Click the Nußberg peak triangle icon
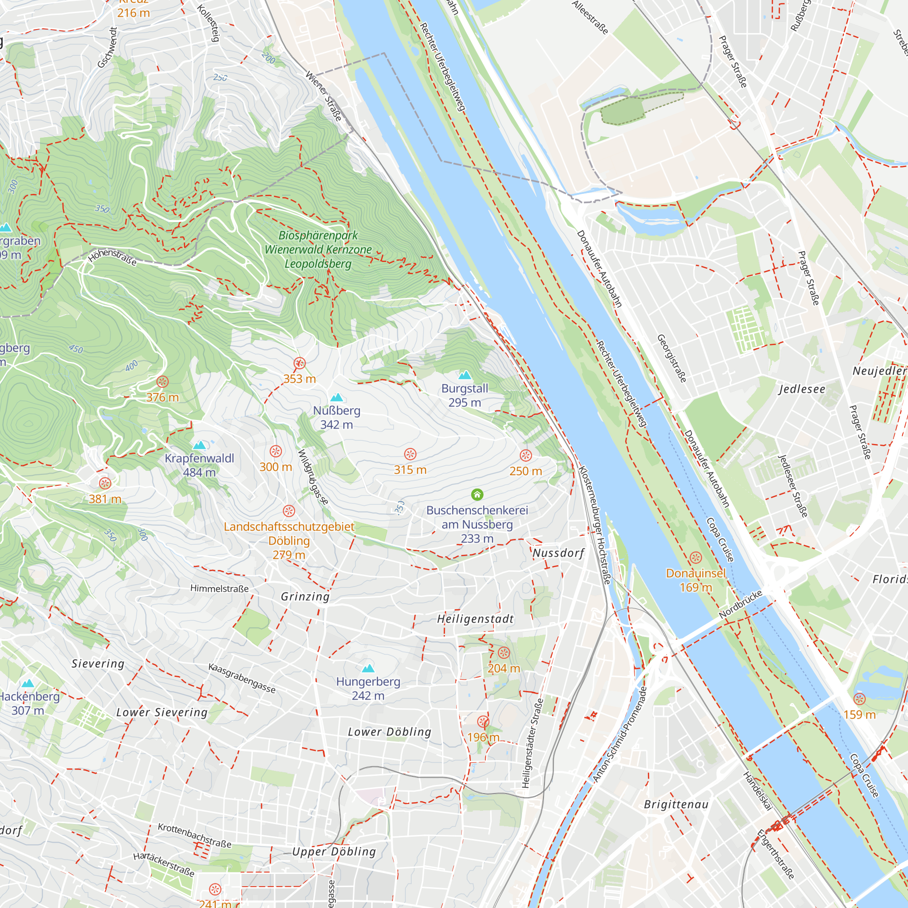click(336, 398)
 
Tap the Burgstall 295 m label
click(464, 395)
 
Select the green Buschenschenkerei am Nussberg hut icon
click(477, 494)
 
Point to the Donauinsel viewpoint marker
click(696, 558)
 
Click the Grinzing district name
click(305, 597)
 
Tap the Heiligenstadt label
click(475, 619)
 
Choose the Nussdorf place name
click(558, 553)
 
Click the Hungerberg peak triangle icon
click(368, 668)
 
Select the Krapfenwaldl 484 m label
click(199, 465)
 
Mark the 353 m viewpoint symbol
click(299, 363)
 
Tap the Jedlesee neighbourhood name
click(802, 389)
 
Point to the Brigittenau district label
click(676, 804)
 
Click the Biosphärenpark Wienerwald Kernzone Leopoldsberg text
click(318, 250)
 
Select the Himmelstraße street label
click(219, 588)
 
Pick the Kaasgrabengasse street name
click(242, 678)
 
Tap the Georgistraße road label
click(671, 358)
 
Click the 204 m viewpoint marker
click(503, 653)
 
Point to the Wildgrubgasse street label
click(313, 478)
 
